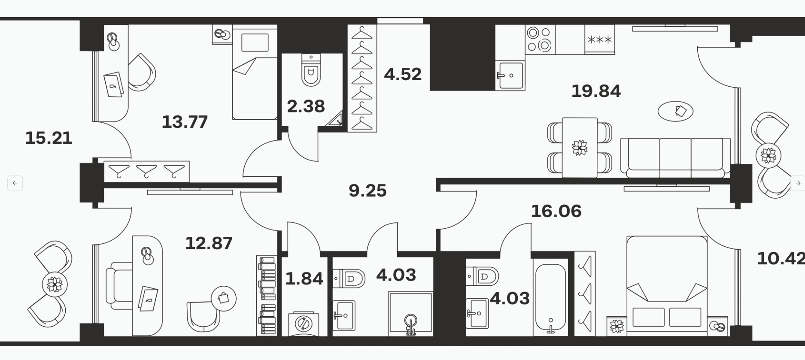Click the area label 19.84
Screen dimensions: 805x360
point(596,91)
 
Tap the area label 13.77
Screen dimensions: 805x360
point(185,122)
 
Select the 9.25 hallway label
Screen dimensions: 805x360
point(368,191)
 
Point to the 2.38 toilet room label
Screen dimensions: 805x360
point(306,106)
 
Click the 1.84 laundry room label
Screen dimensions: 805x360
point(304,278)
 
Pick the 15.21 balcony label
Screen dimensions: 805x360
point(49,138)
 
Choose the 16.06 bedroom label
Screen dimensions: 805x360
point(556,211)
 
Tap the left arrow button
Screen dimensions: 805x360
point(15,183)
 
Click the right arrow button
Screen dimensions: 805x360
point(798,183)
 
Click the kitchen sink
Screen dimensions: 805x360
point(510,75)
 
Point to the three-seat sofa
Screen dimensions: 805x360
point(675,157)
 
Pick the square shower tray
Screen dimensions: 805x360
point(410,314)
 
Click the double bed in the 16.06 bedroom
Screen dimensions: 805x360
point(667,285)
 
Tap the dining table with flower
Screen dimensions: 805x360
point(580,147)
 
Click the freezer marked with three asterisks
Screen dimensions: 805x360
point(600,39)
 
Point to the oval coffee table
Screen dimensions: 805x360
point(675,112)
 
